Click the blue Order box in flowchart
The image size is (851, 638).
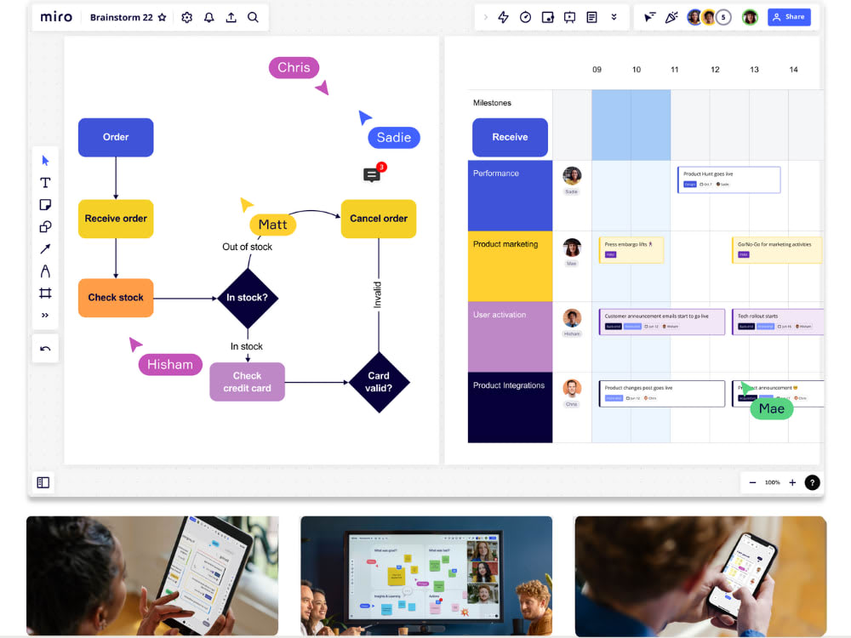(x=116, y=137)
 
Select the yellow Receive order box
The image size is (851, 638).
(x=116, y=219)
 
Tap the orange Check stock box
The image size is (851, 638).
(x=116, y=298)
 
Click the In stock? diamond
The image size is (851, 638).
(x=247, y=298)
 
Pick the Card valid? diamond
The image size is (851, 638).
(x=379, y=382)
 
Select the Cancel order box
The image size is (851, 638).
(x=379, y=219)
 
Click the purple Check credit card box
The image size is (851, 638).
(x=247, y=382)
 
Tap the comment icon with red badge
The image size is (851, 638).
(x=372, y=175)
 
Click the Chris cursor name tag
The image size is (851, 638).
(x=294, y=68)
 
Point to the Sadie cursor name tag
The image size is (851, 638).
(x=393, y=137)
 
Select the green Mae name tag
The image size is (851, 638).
(x=771, y=408)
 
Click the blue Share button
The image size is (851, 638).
(x=789, y=17)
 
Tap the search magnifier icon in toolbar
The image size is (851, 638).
(x=253, y=17)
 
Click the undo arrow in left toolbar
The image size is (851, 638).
(x=45, y=349)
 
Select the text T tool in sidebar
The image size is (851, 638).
(x=45, y=183)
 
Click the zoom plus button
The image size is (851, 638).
(x=792, y=482)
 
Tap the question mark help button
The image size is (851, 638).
(x=813, y=482)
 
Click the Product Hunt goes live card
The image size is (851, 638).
(x=728, y=179)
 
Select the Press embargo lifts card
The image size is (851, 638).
(x=631, y=249)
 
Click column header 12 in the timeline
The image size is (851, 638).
(x=715, y=70)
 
